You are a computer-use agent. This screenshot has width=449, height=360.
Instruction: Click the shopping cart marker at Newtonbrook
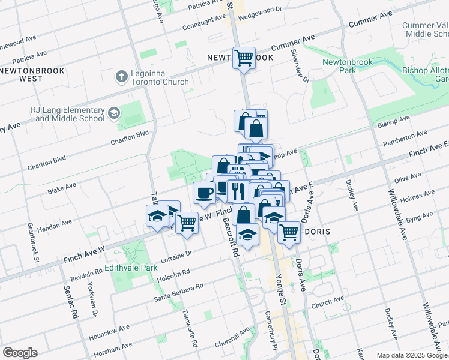(244, 58)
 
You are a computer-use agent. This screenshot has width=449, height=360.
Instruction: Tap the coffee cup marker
(204, 193)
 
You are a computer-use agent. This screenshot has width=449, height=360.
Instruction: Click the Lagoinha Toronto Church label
(158, 77)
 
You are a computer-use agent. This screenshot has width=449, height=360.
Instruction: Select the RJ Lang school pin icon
(113, 113)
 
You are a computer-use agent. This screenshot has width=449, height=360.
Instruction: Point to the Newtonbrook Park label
(348, 66)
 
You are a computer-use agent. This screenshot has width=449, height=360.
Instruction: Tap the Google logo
(20, 353)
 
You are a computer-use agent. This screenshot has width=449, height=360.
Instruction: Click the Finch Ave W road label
(84, 254)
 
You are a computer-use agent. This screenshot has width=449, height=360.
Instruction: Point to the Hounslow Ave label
(108, 332)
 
